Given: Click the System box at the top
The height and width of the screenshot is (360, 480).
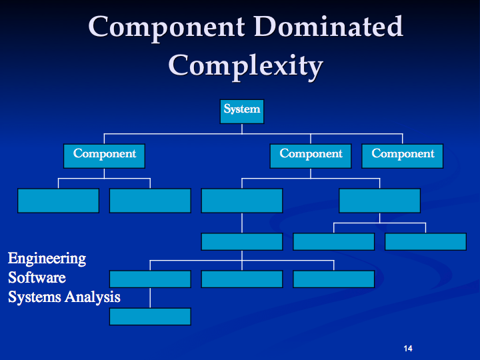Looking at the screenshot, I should (x=242, y=111).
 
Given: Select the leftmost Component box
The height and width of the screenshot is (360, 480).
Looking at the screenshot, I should (x=104, y=155).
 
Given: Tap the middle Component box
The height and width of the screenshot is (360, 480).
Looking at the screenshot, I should (x=311, y=155).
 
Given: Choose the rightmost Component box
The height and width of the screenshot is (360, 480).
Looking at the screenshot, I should (x=403, y=155).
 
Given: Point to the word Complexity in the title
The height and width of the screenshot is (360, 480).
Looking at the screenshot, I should (x=245, y=66).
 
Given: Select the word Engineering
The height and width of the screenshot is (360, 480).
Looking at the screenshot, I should (x=47, y=258).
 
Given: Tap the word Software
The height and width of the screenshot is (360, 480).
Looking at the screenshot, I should (x=37, y=277).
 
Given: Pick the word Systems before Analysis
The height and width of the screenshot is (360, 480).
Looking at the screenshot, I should (x=34, y=297).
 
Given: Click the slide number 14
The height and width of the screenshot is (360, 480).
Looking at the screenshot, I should (x=409, y=349).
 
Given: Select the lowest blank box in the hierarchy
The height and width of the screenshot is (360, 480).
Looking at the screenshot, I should (x=150, y=316).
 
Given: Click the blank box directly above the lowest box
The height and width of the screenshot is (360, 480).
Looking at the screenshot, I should (x=150, y=279).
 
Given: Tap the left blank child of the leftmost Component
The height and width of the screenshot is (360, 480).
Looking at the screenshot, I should (x=58, y=200).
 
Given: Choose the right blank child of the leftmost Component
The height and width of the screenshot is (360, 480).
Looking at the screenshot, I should (x=150, y=200).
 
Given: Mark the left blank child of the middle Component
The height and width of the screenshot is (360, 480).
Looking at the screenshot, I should (x=241, y=200).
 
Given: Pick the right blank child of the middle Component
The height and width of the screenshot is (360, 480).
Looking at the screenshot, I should (x=379, y=200).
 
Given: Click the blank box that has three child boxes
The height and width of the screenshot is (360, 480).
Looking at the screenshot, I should (x=241, y=241).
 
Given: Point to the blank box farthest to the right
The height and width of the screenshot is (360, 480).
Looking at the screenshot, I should (x=425, y=241).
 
